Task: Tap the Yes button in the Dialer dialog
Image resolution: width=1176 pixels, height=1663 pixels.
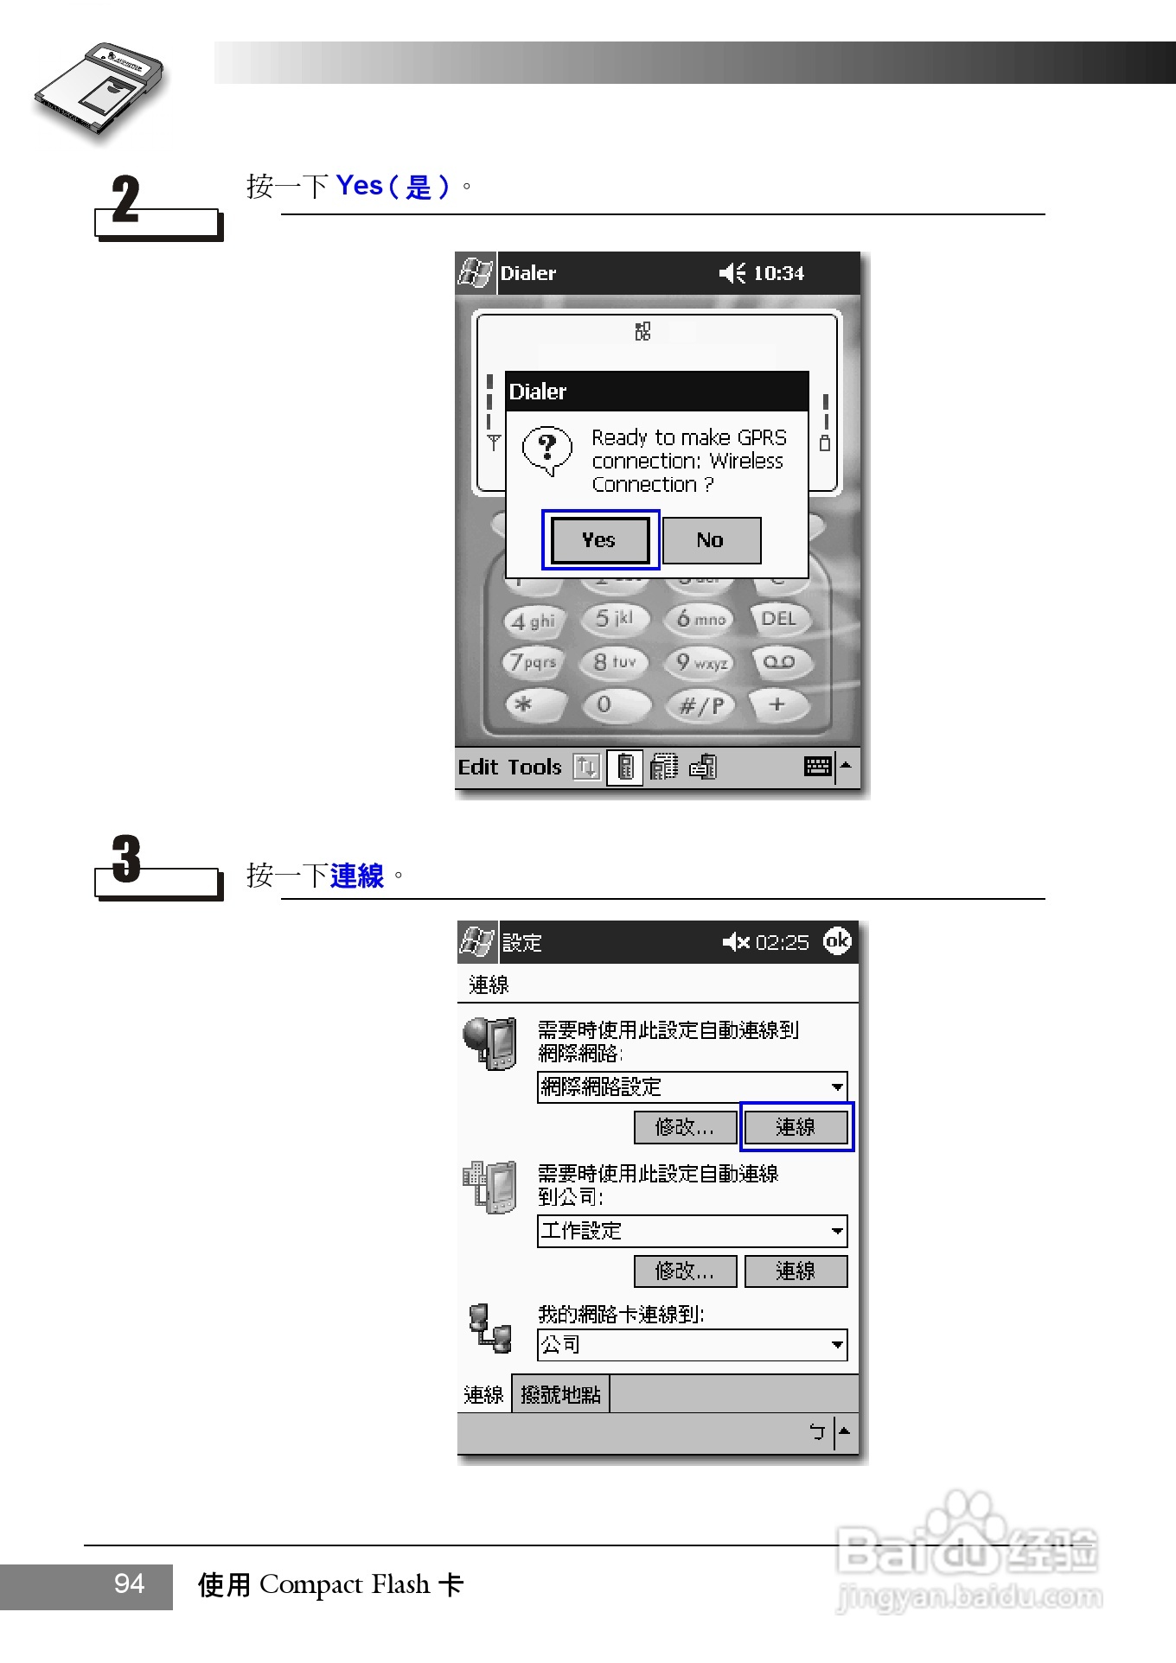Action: click(600, 540)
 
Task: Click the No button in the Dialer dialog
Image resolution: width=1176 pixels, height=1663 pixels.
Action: click(711, 540)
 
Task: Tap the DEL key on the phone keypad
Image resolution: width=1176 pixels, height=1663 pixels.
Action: click(778, 619)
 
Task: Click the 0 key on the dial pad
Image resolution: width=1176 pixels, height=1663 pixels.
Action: click(604, 704)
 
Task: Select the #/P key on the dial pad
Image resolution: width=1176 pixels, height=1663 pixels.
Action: click(700, 705)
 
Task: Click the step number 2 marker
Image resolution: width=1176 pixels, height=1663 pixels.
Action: click(126, 200)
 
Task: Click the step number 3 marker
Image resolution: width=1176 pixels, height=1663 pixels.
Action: click(126, 859)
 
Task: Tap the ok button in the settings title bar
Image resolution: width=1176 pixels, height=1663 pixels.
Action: click(836, 940)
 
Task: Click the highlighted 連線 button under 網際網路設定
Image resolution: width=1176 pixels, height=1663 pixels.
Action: click(796, 1127)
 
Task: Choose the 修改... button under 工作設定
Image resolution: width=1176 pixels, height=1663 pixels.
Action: click(685, 1271)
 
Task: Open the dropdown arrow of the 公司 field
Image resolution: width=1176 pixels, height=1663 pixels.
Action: click(836, 1345)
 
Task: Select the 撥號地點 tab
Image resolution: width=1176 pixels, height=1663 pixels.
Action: click(560, 1394)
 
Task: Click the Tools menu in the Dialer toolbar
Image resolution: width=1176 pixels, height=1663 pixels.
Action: click(534, 767)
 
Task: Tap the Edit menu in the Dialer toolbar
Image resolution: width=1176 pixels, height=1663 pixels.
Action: click(478, 767)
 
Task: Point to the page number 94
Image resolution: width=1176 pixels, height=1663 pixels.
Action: click(130, 1583)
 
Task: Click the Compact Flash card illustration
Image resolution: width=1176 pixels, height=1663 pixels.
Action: click(99, 87)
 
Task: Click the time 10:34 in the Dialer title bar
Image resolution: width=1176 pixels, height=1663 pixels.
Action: click(778, 273)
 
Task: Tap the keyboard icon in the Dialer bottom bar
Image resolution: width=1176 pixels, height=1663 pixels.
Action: click(817, 766)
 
